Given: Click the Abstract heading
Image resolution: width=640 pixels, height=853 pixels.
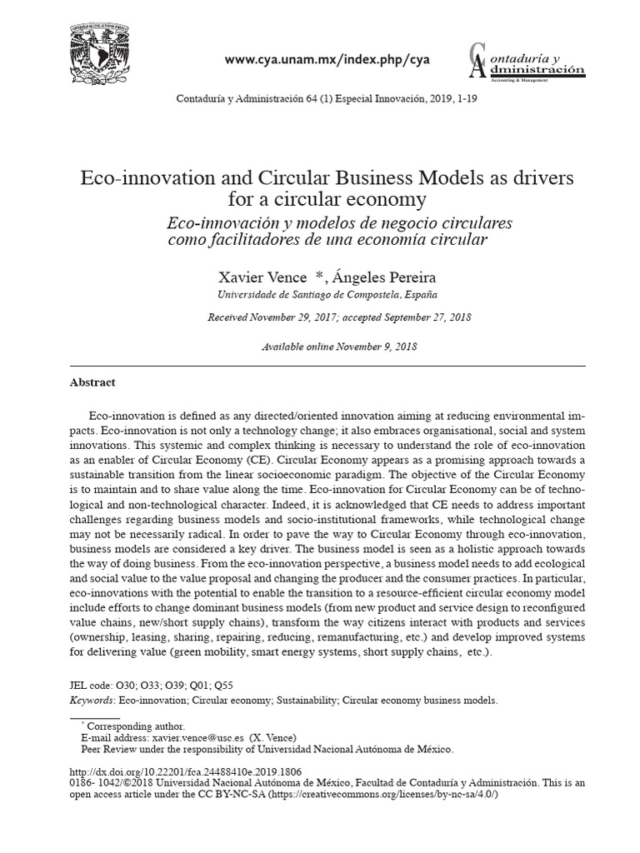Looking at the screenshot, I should (x=92, y=382).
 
